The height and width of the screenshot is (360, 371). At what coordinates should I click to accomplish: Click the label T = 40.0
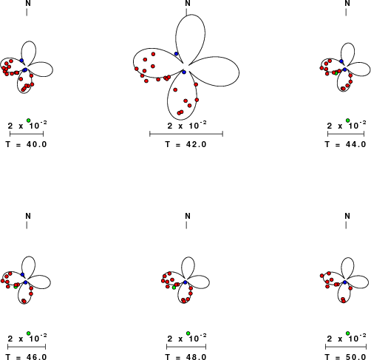point(26,144)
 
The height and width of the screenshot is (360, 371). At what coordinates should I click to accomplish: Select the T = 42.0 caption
point(185,144)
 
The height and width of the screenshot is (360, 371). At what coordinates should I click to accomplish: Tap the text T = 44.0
point(345,144)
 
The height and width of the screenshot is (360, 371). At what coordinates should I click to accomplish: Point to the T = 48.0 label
point(185,357)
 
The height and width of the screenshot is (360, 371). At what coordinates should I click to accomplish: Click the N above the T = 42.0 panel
point(188,3)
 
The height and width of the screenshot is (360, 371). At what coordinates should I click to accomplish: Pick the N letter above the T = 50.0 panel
point(347,216)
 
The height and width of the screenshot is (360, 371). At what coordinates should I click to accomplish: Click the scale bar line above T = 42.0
point(186,134)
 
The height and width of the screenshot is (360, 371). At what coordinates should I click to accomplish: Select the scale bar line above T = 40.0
point(27,134)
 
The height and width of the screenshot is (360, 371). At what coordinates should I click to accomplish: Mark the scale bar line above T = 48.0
point(186,347)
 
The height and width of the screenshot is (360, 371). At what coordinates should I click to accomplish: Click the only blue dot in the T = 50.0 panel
point(345,282)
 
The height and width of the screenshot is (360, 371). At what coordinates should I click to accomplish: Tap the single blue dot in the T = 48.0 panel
point(185,282)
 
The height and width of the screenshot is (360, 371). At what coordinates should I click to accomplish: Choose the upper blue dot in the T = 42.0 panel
point(176,54)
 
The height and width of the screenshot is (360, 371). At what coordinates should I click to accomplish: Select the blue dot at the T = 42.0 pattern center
point(184,72)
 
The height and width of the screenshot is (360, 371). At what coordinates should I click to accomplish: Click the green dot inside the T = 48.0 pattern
point(174,288)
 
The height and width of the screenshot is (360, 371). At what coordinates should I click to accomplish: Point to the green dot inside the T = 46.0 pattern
point(16,287)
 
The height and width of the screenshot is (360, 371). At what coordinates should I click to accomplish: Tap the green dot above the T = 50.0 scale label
point(347,333)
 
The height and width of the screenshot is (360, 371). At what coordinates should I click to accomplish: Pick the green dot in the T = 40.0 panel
point(29,120)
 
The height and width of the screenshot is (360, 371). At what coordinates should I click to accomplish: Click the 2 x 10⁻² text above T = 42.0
point(187,126)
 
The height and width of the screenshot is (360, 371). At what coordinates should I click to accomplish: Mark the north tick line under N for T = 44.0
point(346,13)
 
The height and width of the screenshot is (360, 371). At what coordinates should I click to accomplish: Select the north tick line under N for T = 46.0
point(27,225)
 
